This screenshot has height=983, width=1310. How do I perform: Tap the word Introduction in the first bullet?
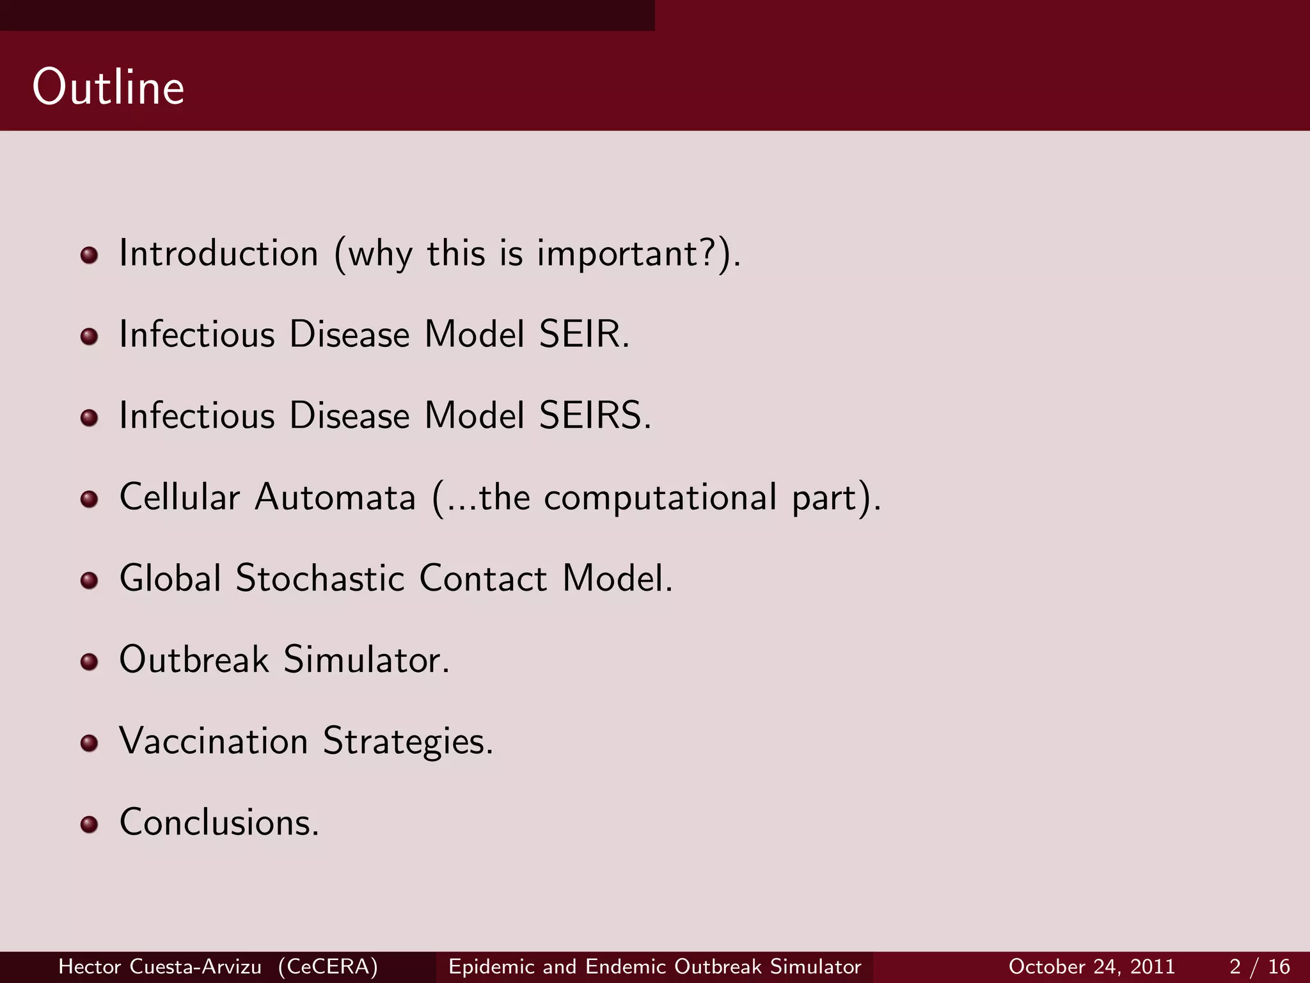(219, 253)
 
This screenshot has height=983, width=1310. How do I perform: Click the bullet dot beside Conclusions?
(90, 824)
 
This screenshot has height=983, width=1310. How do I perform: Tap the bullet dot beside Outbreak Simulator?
(90, 662)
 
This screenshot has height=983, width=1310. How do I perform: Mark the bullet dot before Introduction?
(90, 255)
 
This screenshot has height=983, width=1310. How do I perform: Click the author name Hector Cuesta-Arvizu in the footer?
(160, 966)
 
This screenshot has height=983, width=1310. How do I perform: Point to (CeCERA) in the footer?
(328, 966)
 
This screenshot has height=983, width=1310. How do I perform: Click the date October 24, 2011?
(1091, 966)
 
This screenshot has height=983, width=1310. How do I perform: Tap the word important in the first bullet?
(617, 255)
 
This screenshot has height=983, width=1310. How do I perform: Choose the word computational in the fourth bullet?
(659, 498)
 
